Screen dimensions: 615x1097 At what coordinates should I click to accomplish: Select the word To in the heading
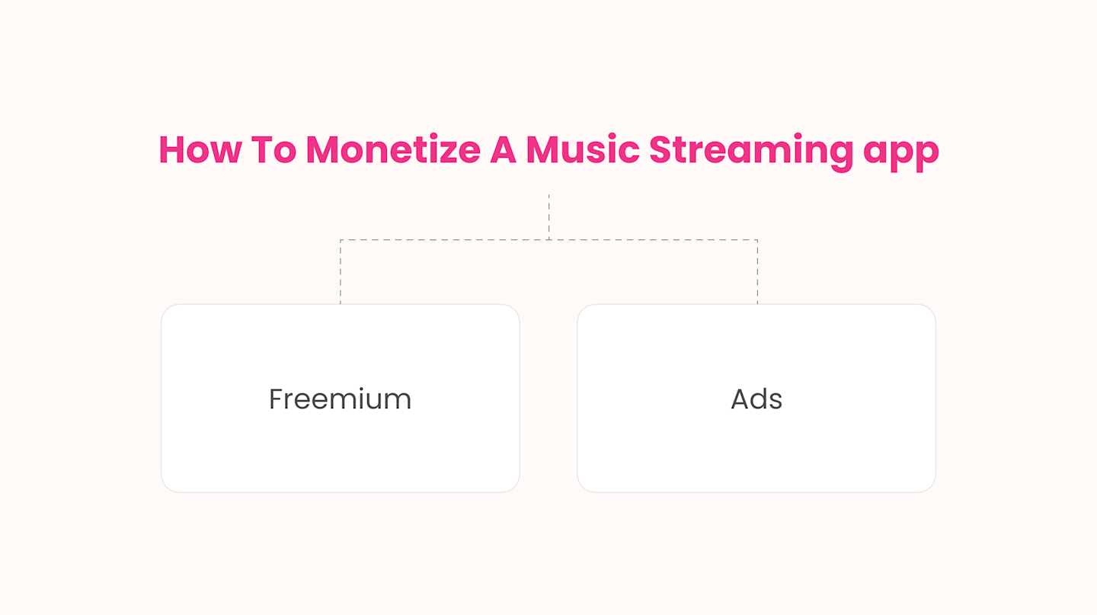[273, 149]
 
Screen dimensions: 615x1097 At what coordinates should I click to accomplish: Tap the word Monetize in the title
[392, 149]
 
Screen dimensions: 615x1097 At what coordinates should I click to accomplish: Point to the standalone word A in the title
[503, 149]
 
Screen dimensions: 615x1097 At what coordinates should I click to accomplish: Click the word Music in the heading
[583, 149]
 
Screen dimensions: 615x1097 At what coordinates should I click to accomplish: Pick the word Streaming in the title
[750, 151]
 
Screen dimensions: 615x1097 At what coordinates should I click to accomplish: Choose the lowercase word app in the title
[901, 152]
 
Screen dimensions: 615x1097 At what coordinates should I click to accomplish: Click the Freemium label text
[340, 399]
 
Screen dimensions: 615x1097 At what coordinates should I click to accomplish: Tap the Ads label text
[756, 399]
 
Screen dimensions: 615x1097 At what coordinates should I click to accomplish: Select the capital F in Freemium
[276, 399]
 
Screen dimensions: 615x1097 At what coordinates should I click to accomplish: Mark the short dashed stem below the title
[548, 216]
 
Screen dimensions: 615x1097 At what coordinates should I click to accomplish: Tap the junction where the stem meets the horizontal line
[548, 240]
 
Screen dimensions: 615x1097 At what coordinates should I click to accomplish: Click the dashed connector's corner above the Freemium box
[341, 240]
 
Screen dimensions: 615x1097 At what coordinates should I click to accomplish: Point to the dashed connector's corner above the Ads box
[757, 240]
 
